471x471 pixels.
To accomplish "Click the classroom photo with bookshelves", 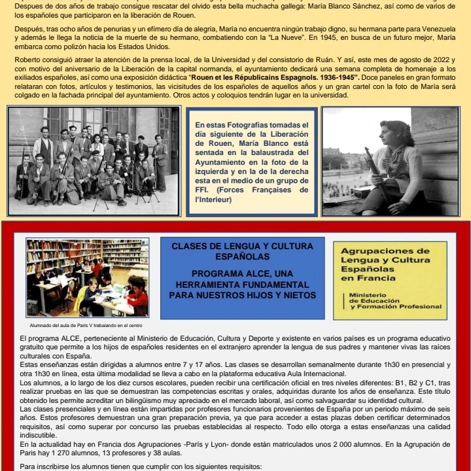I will coord(88,278).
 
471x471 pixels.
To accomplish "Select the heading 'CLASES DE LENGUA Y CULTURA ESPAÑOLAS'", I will coord(242,251).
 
